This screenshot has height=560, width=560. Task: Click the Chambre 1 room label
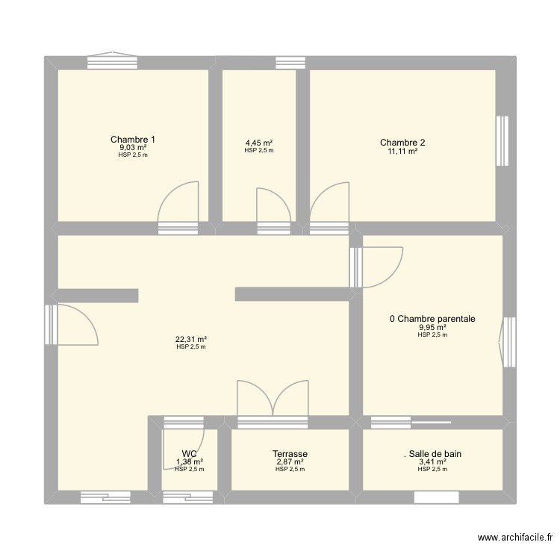point(133,140)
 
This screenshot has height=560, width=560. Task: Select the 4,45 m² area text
point(259,143)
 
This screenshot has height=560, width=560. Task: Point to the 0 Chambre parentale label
point(432,319)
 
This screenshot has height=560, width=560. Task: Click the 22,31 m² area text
point(191,338)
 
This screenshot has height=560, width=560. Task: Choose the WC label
point(189,453)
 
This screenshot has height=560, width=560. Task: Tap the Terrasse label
point(290,453)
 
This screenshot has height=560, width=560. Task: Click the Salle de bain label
point(432,453)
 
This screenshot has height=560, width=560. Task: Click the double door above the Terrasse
point(273,399)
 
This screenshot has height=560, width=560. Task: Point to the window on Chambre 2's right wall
point(503,140)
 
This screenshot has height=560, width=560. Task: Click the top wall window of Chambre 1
point(112,62)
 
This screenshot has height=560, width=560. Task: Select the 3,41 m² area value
point(432,461)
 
